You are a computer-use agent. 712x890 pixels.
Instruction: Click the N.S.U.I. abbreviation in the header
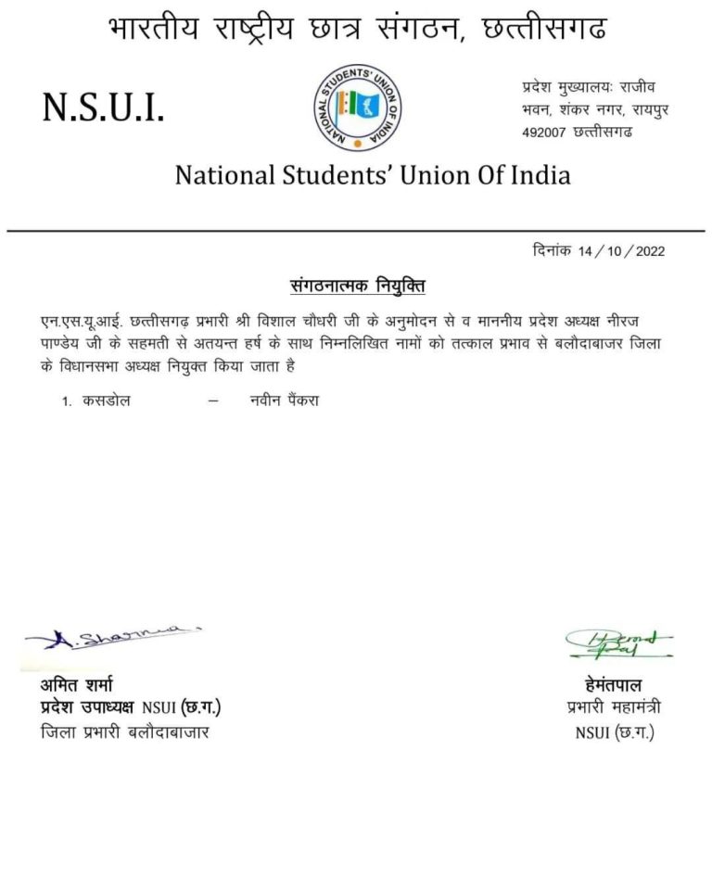(103, 111)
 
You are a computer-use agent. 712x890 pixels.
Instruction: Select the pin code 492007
(543, 133)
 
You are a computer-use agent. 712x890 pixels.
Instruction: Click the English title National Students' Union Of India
(373, 174)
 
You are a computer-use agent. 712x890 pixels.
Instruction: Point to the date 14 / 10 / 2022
(621, 251)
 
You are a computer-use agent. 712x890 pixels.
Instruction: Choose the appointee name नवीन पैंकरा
(285, 401)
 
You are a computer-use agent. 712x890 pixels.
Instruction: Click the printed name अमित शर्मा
(76, 686)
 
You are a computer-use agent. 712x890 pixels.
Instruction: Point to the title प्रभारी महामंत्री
(614, 708)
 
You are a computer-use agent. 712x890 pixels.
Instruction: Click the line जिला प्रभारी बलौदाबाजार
(125, 733)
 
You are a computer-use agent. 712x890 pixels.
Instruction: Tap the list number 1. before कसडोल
(67, 402)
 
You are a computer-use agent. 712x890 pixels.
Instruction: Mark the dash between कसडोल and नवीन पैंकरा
(213, 401)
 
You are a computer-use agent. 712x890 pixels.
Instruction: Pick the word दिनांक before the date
(553, 251)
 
